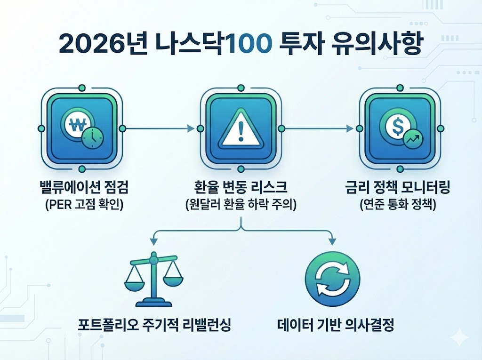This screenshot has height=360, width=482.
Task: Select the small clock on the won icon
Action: (x=93, y=136)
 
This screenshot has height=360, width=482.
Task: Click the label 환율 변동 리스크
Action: (x=241, y=190)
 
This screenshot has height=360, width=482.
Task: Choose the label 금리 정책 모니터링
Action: (x=398, y=190)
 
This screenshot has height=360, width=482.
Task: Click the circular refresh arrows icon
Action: (x=332, y=280)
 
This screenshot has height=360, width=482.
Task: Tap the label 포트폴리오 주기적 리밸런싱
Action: (x=154, y=325)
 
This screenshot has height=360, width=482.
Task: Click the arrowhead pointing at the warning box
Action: (x=191, y=128)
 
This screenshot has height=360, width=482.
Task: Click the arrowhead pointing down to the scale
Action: (x=153, y=241)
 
